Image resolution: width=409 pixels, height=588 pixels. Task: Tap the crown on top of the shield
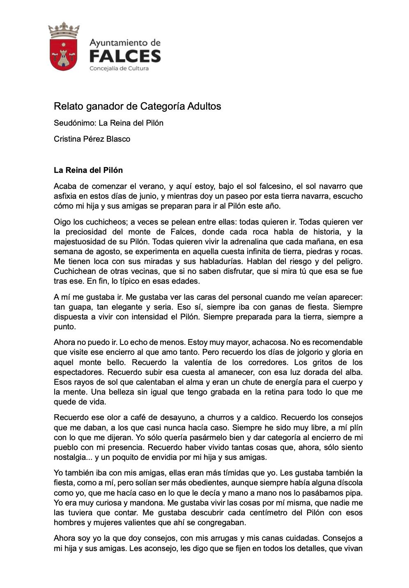pos(63,30)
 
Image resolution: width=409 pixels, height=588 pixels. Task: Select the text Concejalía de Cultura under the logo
pos(119,69)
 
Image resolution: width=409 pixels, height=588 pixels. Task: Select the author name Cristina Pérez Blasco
pos(92,139)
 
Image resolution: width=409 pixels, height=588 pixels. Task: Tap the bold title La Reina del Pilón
pos(88,170)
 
